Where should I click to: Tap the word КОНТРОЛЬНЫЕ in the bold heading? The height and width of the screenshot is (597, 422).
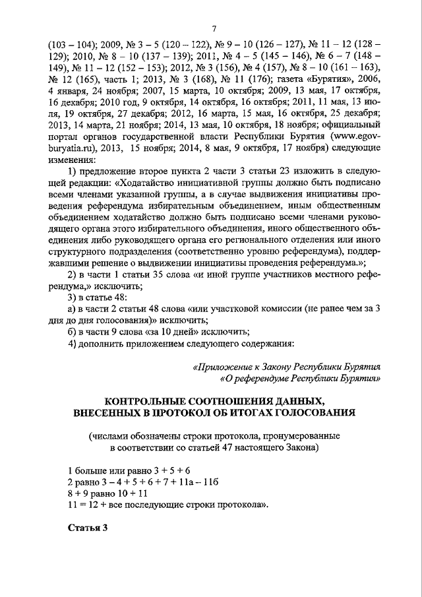147,401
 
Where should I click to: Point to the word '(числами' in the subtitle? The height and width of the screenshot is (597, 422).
111,436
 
